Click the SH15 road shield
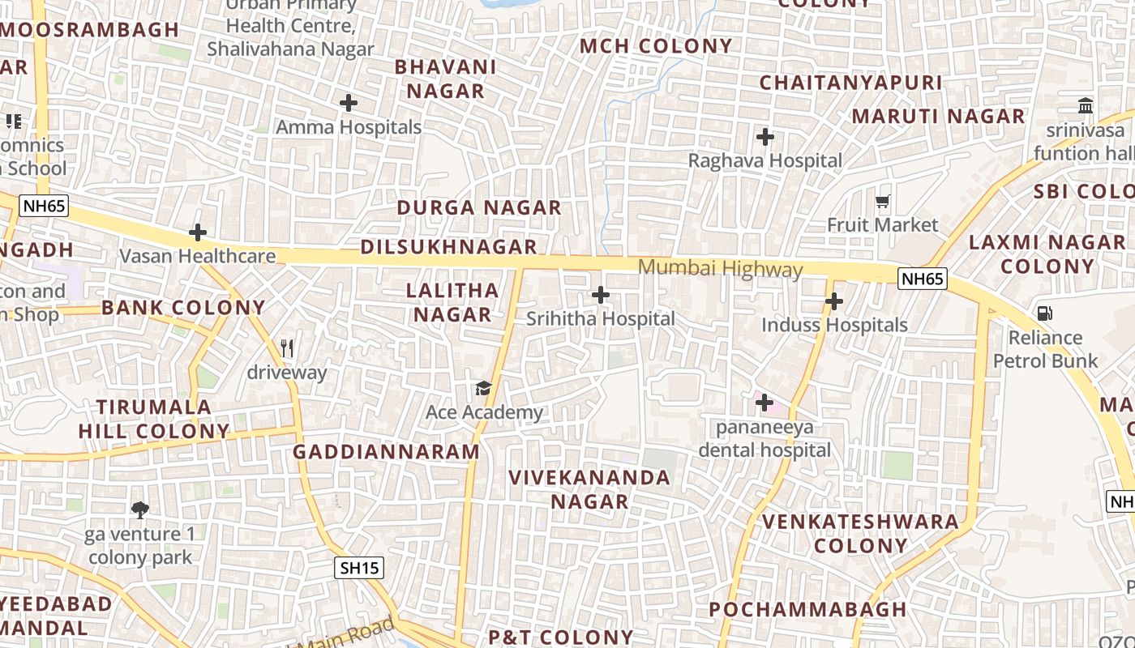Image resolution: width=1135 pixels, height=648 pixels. click(x=359, y=568)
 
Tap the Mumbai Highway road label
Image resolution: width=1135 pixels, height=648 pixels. click(x=720, y=268)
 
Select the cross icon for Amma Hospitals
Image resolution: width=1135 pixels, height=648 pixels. click(x=349, y=103)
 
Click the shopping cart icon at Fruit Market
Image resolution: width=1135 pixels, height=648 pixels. click(x=883, y=201)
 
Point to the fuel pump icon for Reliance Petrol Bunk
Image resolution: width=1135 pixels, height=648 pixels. click(x=1045, y=313)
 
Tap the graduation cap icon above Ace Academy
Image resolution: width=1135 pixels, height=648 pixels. click(x=484, y=388)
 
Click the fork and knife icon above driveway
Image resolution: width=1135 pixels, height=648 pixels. click(x=286, y=348)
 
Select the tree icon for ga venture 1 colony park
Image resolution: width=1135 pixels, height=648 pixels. click(x=140, y=509)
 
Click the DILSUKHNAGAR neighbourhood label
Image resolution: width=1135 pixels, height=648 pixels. click(x=448, y=247)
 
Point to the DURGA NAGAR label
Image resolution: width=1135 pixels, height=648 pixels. click(x=478, y=208)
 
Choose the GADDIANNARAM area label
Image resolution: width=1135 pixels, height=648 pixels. click(x=386, y=452)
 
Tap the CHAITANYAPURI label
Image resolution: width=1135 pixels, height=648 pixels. click(x=850, y=83)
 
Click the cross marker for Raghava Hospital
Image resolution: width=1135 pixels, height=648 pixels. click(x=765, y=137)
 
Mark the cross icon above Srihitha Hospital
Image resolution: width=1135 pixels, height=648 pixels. click(x=601, y=295)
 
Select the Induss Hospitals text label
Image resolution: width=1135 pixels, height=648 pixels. click(x=834, y=325)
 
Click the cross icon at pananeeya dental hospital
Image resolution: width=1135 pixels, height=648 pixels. click(x=764, y=402)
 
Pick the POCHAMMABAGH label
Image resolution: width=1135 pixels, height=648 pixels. click(x=807, y=609)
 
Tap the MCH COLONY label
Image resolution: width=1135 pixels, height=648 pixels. click(x=656, y=46)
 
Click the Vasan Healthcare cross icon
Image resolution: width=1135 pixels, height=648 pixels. click(x=198, y=232)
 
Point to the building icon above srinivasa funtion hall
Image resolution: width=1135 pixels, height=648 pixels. click(x=1086, y=105)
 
